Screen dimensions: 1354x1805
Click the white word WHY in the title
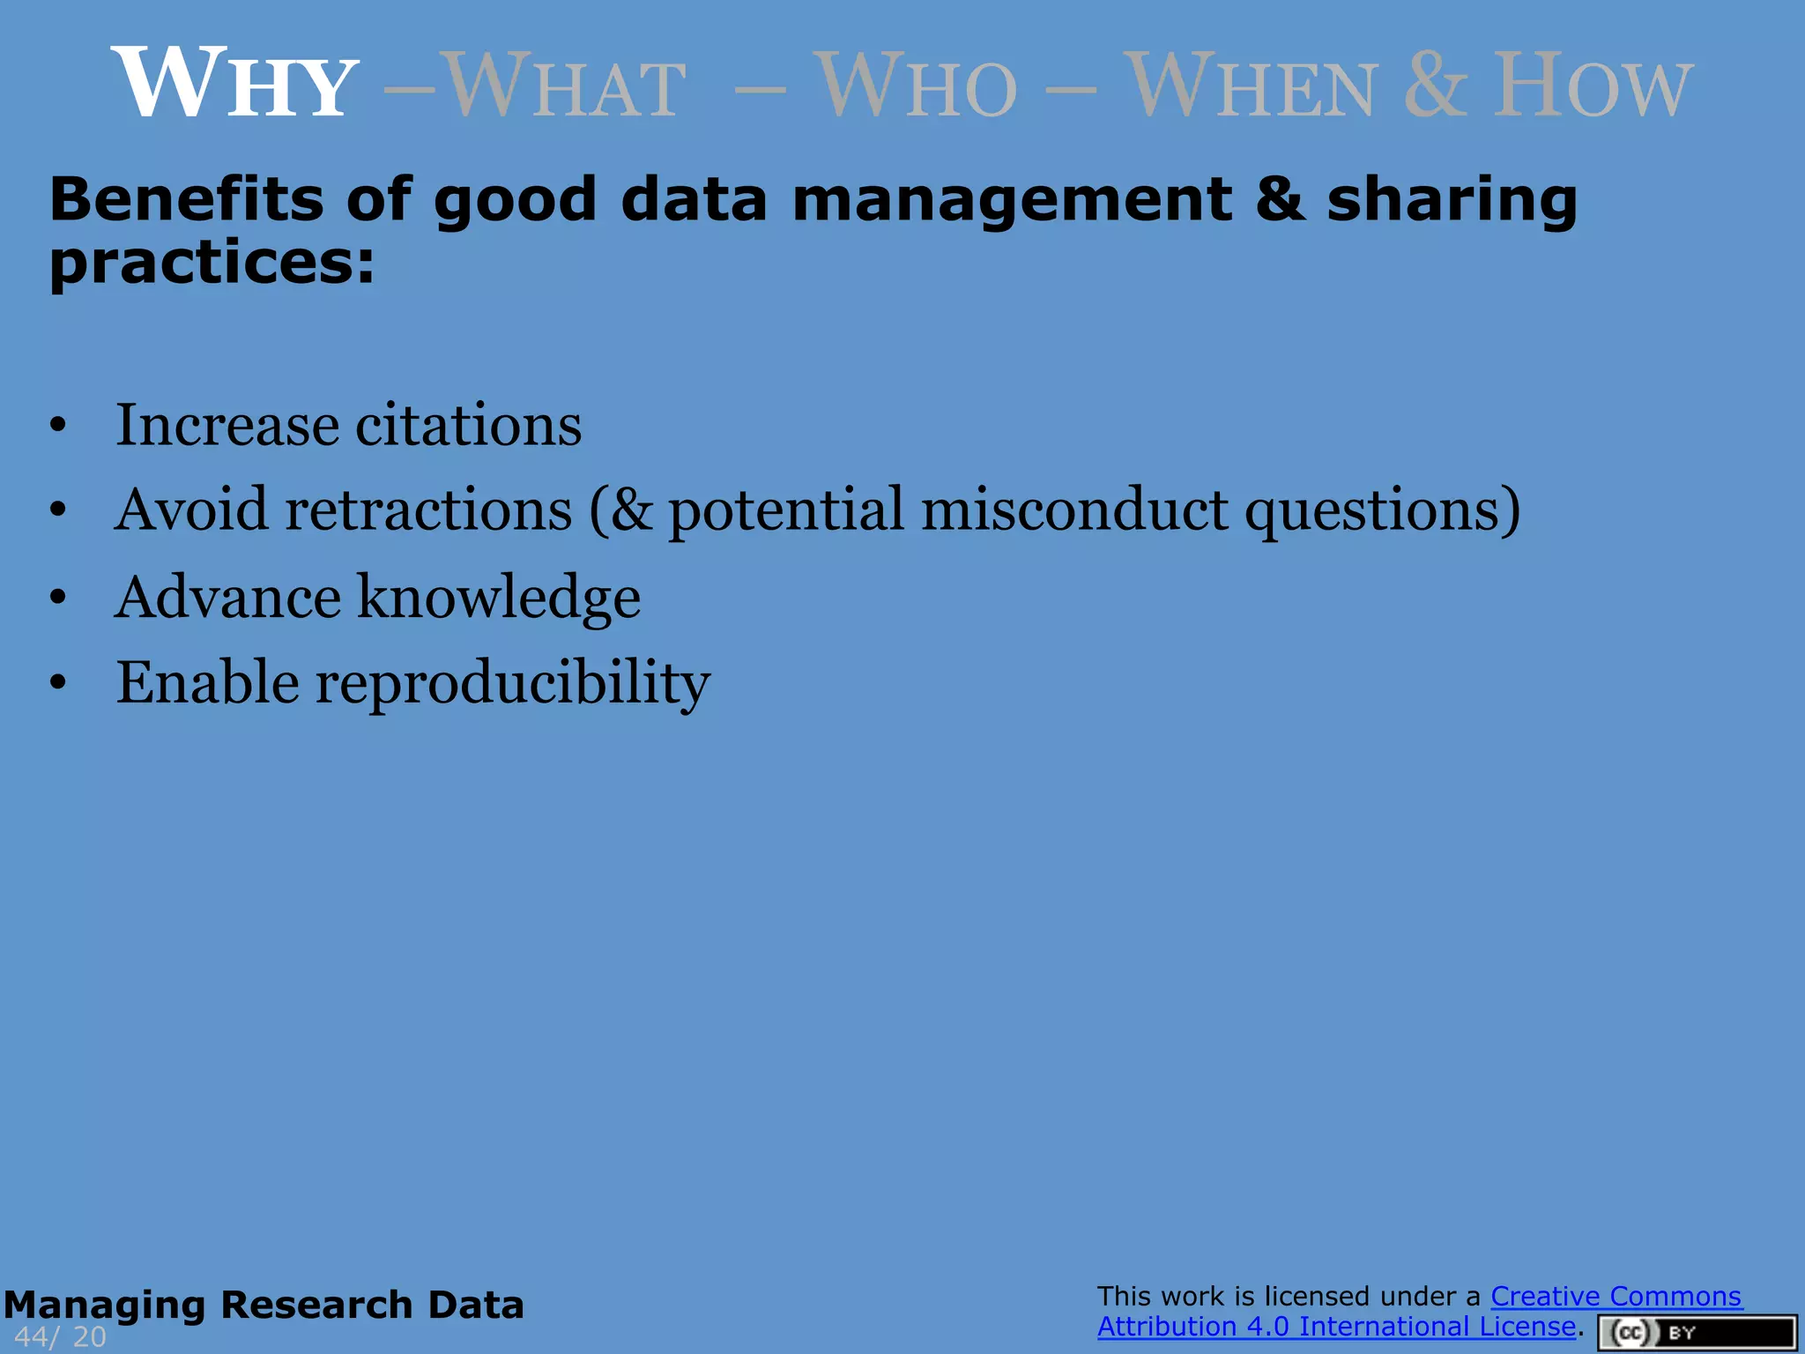[234, 84]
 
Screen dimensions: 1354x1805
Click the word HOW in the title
[1592, 86]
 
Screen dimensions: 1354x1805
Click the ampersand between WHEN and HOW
[1436, 86]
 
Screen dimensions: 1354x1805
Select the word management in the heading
[1012, 201]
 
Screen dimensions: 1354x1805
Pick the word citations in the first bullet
[468, 426]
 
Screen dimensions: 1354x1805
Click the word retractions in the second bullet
[428, 510]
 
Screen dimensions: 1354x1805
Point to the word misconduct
[1074, 510]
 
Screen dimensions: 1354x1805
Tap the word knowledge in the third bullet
[499, 599]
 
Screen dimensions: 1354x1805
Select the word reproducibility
[512, 684]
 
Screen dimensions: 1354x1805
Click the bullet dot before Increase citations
[58, 426]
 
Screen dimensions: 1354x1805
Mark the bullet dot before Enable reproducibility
[58, 682]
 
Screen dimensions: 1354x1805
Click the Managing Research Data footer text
[264, 1305]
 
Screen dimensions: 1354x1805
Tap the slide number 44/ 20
[60, 1337]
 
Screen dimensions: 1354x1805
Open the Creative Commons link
[1616, 1296]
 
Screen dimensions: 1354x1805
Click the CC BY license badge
[1696, 1333]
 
